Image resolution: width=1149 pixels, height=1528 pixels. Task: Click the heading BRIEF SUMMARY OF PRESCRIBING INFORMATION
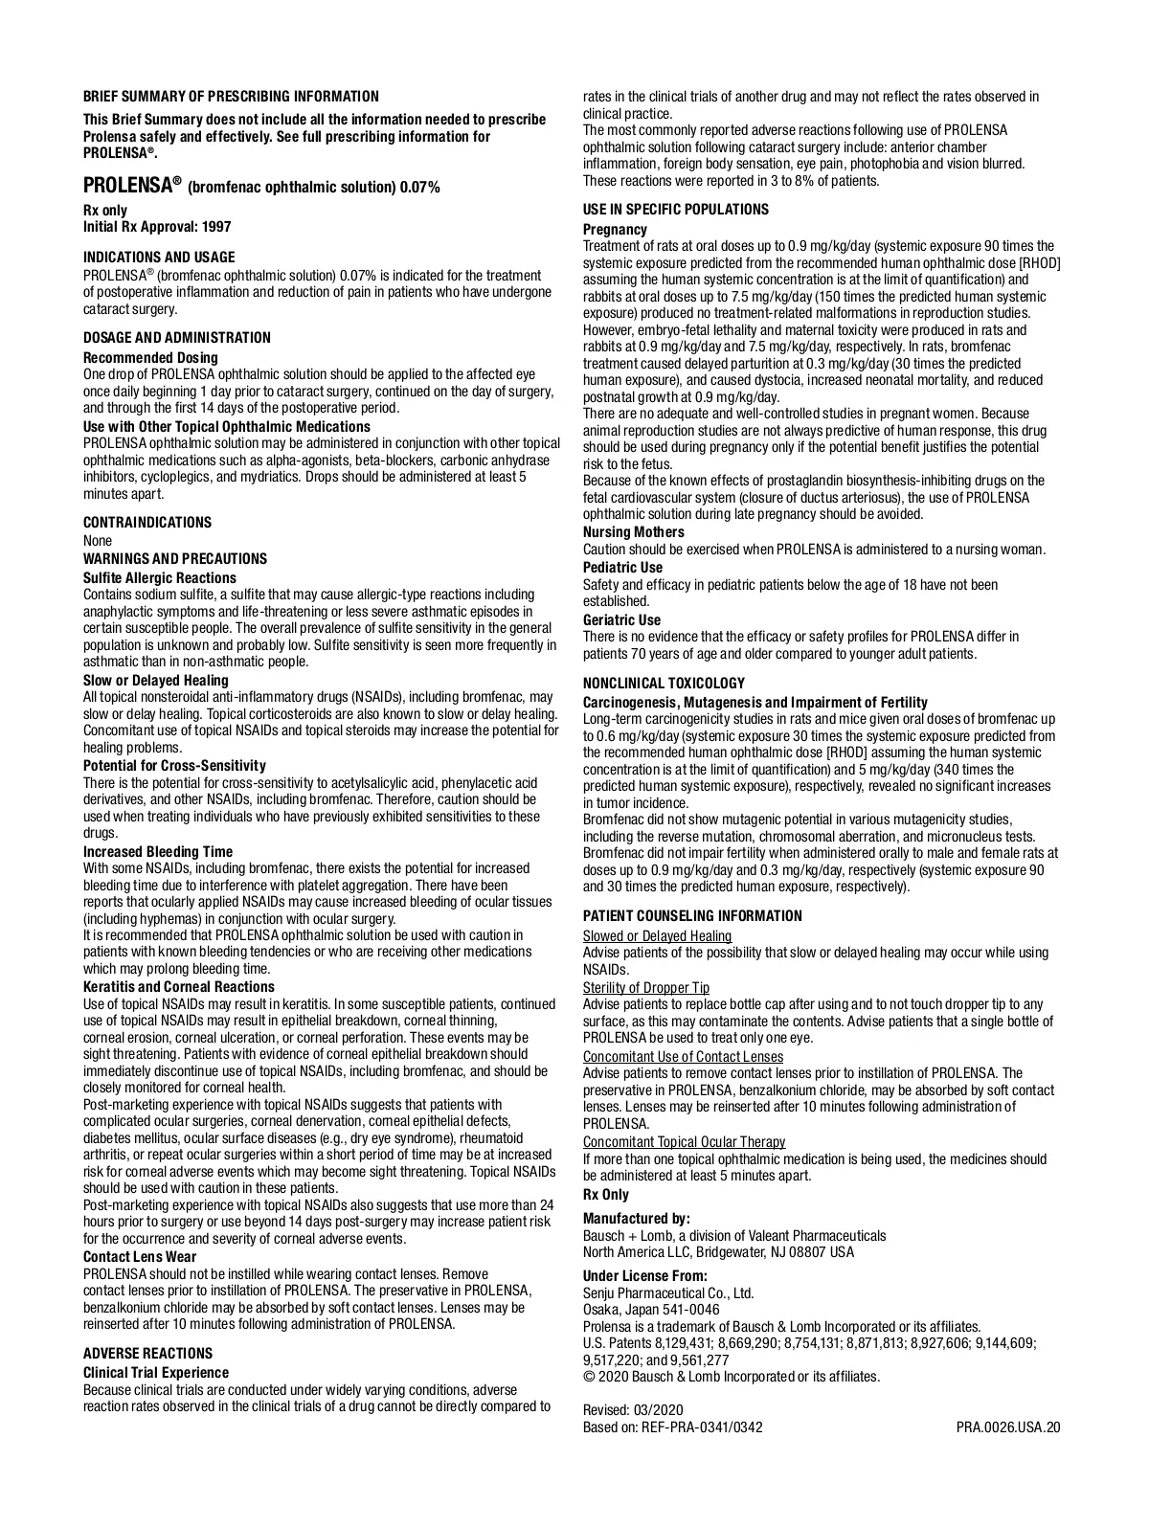231,97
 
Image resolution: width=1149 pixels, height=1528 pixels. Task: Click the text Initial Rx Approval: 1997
157,227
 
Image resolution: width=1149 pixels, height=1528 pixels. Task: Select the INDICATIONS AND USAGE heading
159,258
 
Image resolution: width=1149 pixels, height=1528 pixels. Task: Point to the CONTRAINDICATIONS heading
147,523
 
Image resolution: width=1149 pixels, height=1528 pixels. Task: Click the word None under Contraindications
98,541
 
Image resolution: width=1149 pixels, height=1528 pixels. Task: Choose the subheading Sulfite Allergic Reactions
160,578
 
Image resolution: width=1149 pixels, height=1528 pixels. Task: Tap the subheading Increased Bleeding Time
158,852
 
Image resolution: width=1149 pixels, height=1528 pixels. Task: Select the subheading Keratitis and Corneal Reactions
179,987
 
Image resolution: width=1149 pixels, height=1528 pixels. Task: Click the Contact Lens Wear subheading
140,1257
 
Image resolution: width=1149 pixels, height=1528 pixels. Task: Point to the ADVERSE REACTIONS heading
148,1354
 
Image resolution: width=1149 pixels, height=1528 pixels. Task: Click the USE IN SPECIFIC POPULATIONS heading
676,210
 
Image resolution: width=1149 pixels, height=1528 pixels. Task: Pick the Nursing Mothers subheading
634,532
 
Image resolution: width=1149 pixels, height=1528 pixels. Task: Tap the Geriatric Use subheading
622,620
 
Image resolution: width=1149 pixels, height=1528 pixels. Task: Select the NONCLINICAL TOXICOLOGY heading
665,684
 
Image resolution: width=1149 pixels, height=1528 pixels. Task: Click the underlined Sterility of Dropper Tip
646,988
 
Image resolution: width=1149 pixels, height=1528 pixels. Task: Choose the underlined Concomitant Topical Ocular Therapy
685,1142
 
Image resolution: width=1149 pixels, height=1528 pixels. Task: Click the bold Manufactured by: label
637,1219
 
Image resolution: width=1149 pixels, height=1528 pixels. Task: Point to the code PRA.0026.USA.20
1008,1427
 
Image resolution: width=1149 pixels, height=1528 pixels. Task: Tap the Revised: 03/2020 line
634,1410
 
